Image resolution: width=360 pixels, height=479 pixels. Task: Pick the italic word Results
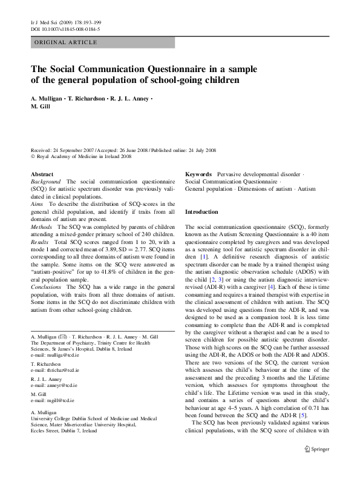pyautogui.click(x=40, y=242)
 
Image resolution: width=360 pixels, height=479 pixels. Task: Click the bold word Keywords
pyautogui.click(x=198, y=174)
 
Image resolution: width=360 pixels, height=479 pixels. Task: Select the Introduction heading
pyautogui.click(x=201, y=213)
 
